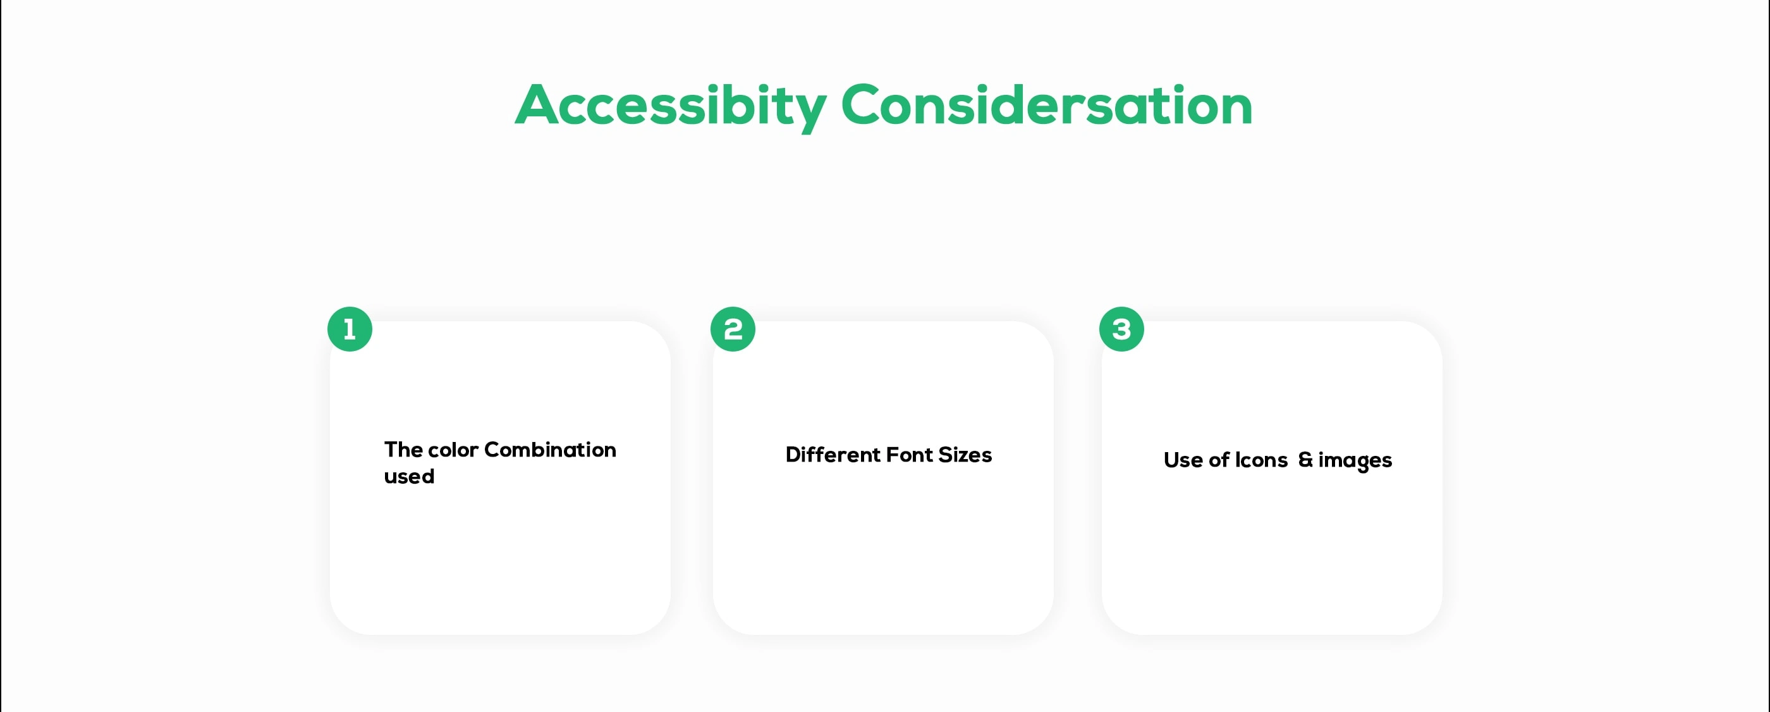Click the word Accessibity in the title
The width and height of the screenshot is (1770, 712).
pyautogui.click(x=671, y=106)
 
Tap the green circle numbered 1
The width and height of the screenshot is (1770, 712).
pyautogui.click(x=350, y=329)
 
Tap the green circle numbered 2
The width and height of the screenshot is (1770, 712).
pyautogui.click(x=733, y=329)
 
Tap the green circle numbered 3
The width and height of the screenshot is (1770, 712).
pyautogui.click(x=1121, y=329)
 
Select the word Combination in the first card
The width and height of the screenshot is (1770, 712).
pyautogui.click(x=550, y=450)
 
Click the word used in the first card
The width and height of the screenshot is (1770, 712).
pyautogui.click(x=409, y=476)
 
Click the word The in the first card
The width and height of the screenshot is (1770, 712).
pyautogui.click(x=403, y=450)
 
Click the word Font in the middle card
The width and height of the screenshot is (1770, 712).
pyautogui.click(x=910, y=455)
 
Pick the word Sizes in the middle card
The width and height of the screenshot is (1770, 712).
pyautogui.click(x=965, y=455)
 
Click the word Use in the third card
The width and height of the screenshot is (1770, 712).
pyautogui.click(x=1183, y=460)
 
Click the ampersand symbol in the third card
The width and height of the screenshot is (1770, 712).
pyautogui.click(x=1305, y=460)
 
